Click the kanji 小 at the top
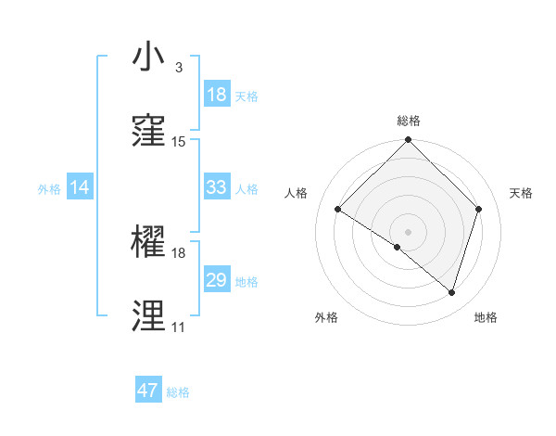tap(149, 57)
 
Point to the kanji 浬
tap(149, 314)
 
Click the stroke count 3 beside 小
tap(178, 68)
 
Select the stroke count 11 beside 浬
tap(178, 327)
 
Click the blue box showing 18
tap(216, 95)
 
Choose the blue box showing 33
tap(216, 187)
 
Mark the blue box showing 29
tap(216, 280)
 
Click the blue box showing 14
tap(80, 187)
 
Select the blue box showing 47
tap(148, 391)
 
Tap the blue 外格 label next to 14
tap(49, 189)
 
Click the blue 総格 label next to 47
tap(178, 392)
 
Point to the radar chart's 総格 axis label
tap(409, 121)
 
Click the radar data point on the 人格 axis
tap(338, 210)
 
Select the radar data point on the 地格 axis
tap(451, 293)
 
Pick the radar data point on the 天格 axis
tap(479, 209)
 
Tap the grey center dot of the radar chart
tap(409, 231)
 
